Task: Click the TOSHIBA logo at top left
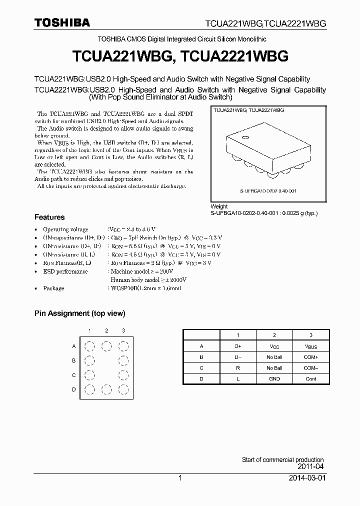click(x=62, y=22)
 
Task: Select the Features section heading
click(x=49, y=217)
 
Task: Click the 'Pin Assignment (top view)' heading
click(x=79, y=313)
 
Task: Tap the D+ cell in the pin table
click(x=237, y=346)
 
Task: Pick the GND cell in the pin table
click(x=274, y=379)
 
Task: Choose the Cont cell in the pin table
click(x=311, y=379)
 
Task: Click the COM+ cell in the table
click(x=311, y=357)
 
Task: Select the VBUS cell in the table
click(x=311, y=346)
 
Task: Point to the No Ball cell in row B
click(x=274, y=357)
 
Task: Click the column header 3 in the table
click(x=311, y=335)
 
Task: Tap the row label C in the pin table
click(x=201, y=368)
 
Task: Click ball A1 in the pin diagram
click(x=89, y=346)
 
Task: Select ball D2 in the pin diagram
click(x=106, y=390)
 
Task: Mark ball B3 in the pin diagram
click(x=123, y=360)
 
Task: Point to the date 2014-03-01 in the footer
click(x=306, y=478)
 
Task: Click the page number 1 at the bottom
click(x=180, y=478)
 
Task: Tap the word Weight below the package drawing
click(x=219, y=206)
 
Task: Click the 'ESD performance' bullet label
click(x=65, y=271)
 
